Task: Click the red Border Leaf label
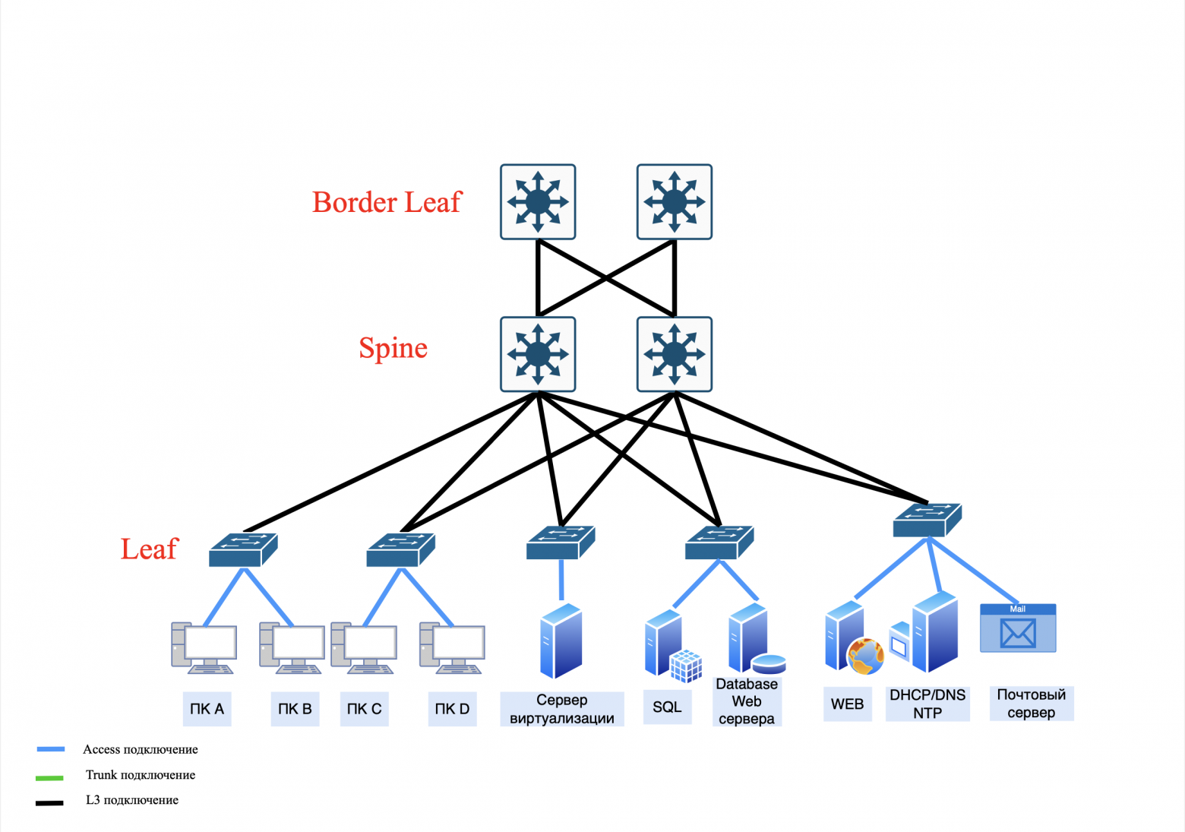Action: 386,202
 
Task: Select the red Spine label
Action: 393,348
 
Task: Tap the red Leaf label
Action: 149,549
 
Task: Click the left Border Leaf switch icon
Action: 538,202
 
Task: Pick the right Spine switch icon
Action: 675,354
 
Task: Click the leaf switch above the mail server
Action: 927,520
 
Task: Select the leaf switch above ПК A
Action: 243,550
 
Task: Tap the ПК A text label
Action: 207,709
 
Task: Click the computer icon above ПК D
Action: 452,648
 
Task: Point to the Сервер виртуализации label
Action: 562,709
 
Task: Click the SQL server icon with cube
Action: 672,645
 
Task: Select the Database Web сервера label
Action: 747,701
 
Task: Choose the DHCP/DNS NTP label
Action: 927,704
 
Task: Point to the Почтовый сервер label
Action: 1031,704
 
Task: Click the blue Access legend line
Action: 51,749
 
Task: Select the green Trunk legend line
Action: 49,777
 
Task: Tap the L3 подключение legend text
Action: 132,800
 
